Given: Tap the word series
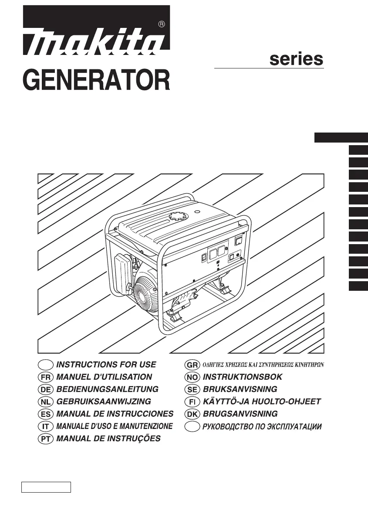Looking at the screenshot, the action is tap(296, 59).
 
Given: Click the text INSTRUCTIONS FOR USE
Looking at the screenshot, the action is tap(106, 364).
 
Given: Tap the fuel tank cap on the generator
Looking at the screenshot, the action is tap(177, 217).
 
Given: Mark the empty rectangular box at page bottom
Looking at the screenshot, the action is tap(46, 487).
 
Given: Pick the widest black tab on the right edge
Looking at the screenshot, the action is tap(341, 138).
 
